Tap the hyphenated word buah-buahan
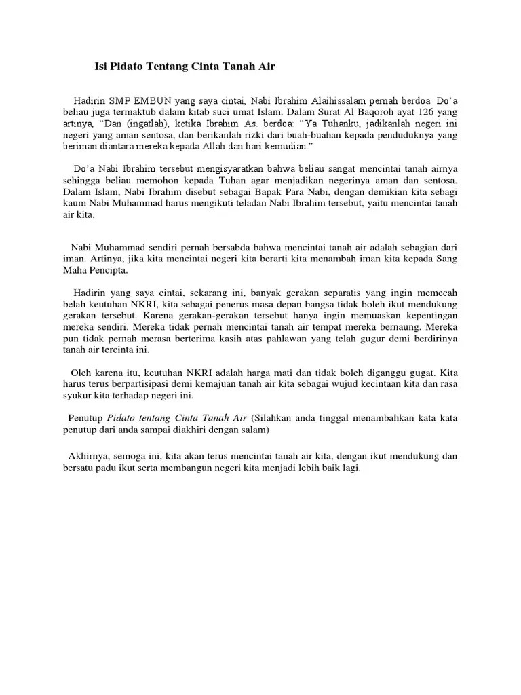[349, 135]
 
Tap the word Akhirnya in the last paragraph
[90, 457]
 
